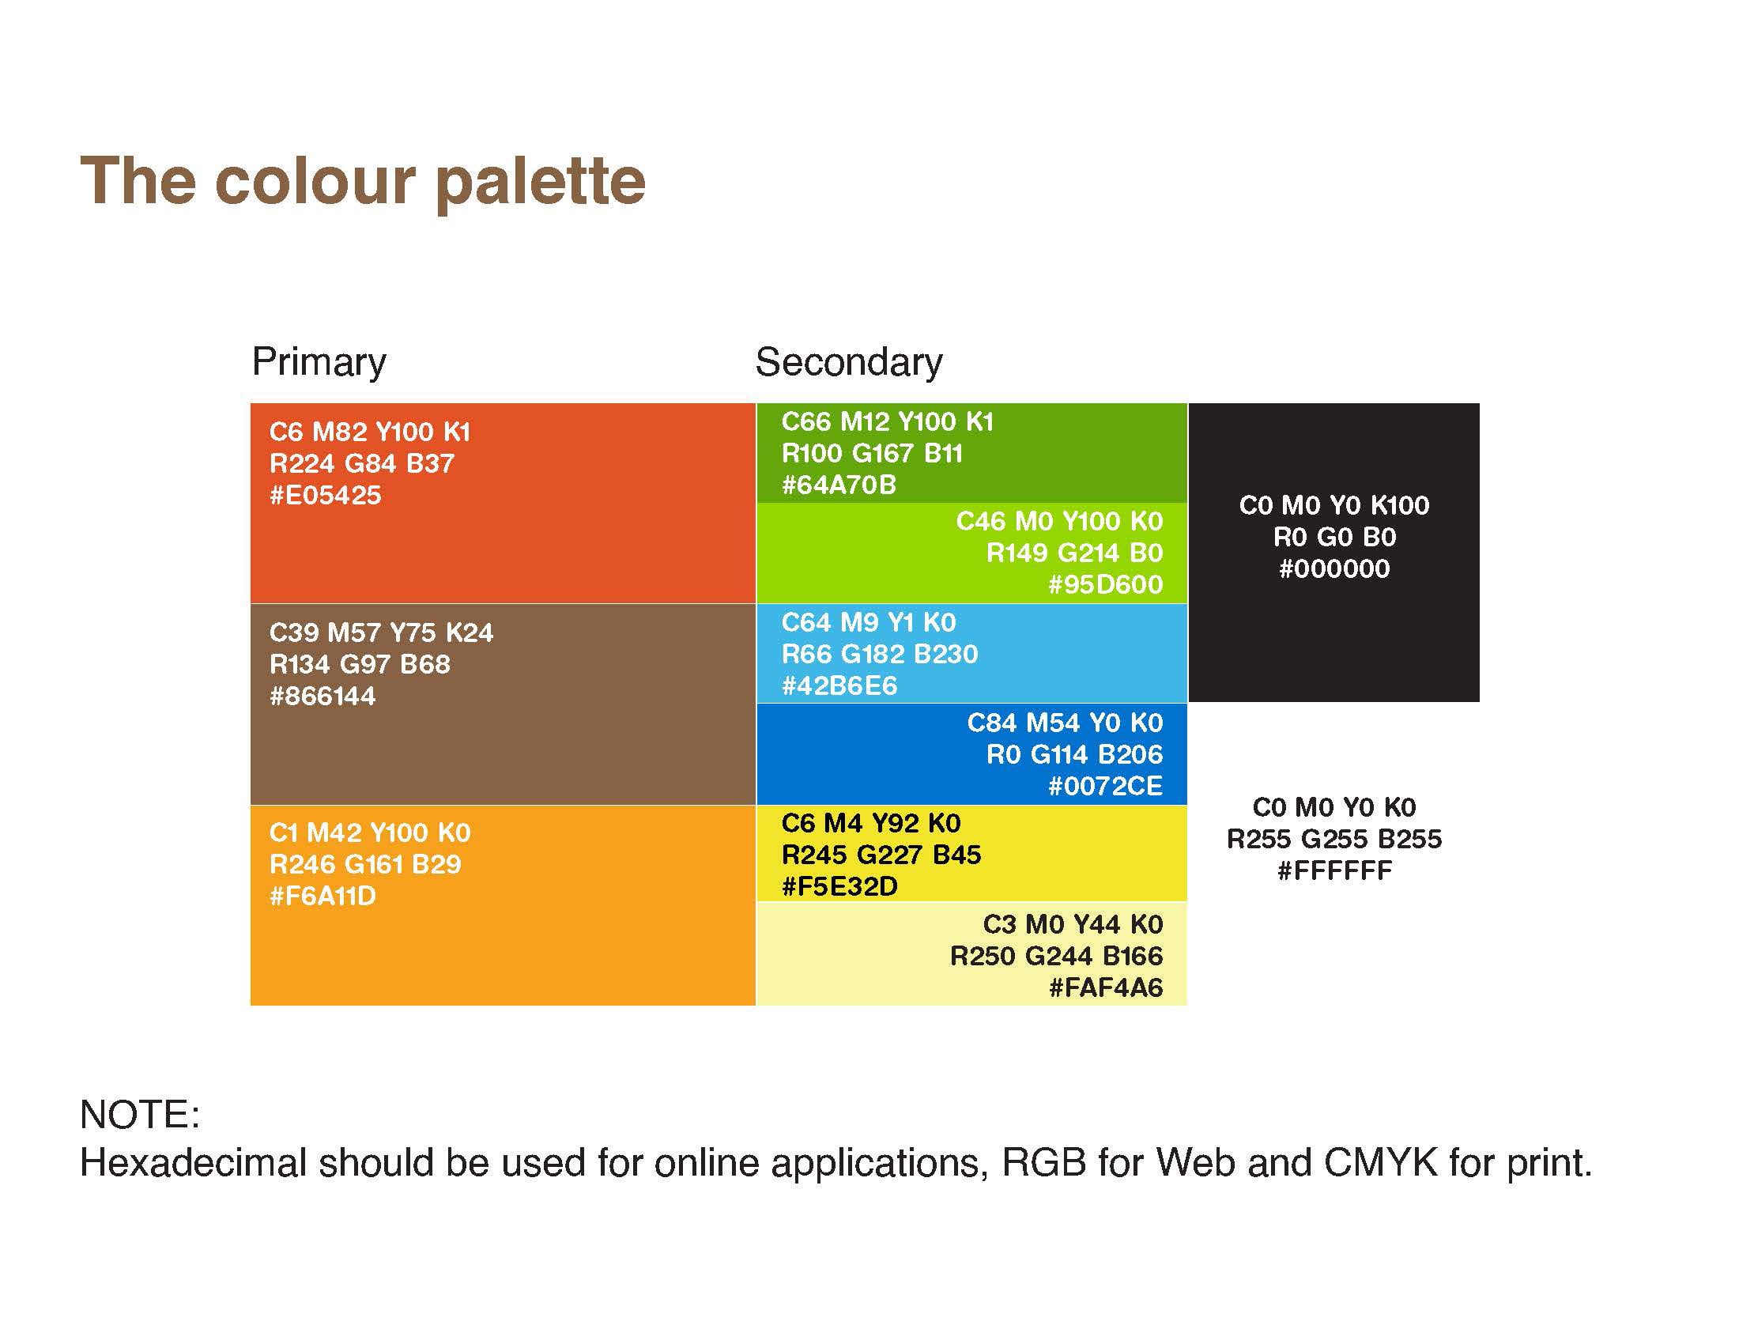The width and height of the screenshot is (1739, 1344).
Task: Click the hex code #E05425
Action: (326, 495)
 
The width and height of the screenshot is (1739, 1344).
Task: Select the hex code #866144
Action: (323, 696)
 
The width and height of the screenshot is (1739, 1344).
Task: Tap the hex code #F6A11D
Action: (323, 896)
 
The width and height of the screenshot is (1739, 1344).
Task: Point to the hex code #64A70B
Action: (839, 485)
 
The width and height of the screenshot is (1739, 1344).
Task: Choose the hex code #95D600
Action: (1106, 584)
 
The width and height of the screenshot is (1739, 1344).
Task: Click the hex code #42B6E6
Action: (839, 685)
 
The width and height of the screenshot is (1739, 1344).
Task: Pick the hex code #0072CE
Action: (1106, 786)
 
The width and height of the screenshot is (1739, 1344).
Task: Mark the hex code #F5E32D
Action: (840, 886)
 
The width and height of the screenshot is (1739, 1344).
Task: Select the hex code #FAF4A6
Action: (1106, 987)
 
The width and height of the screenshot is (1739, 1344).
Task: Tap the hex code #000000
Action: (1334, 568)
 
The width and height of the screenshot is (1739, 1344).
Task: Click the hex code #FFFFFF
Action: (1335, 870)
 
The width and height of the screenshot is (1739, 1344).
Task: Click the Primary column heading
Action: (319, 363)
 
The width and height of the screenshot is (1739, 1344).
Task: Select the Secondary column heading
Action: (849, 363)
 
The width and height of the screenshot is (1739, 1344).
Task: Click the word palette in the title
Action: (541, 183)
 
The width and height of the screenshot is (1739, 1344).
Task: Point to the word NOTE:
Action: (140, 1115)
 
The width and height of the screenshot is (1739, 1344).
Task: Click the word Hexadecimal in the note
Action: (194, 1163)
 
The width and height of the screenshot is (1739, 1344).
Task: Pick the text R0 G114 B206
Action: (1075, 754)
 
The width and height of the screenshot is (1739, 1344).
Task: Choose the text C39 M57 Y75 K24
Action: (382, 632)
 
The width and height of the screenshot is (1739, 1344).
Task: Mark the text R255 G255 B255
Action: (1334, 838)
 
